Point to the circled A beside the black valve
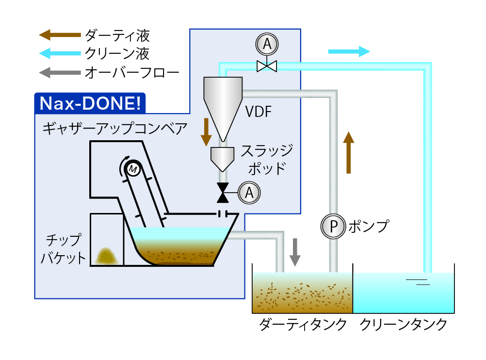click(x=249, y=193)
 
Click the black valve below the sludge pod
click(x=223, y=193)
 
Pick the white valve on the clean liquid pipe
click(x=266, y=65)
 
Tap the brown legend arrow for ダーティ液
click(x=60, y=34)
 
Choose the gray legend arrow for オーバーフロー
click(x=60, y=73)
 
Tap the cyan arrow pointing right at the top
click(x=349, y=51)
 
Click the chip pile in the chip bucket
click(x=105, y=256)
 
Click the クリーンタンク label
click(x=404, y=324)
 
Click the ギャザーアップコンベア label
click(x=114, y=129)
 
